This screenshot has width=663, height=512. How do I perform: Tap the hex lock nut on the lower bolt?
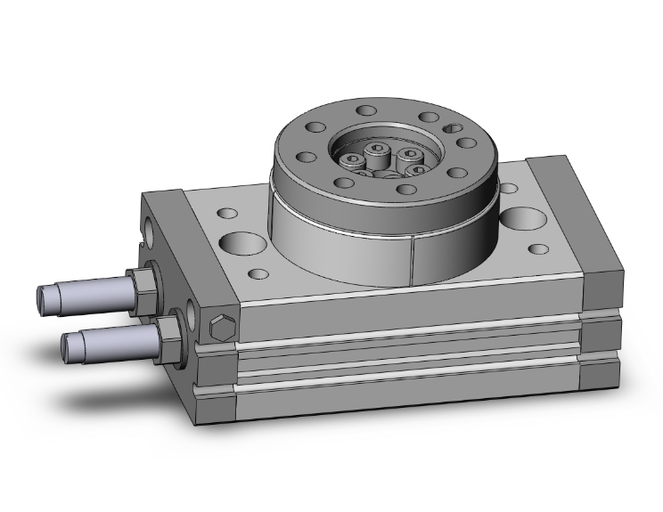(x=165, y=335)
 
